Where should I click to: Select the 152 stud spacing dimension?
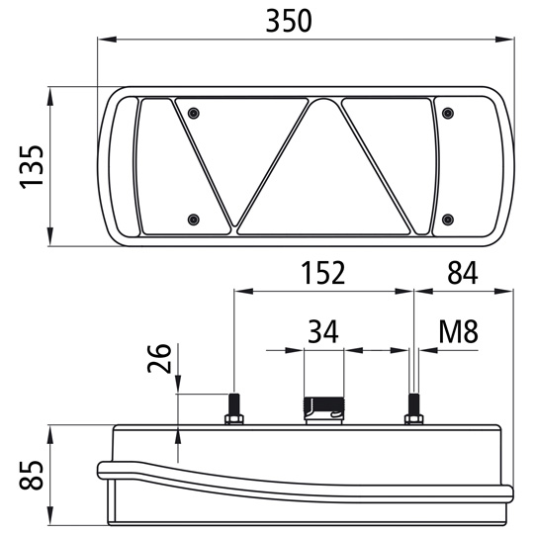pos(324,273)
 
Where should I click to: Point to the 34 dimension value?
pos(322,331)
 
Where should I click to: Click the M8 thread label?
pos(458,331)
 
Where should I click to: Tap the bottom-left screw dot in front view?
pos(194,219)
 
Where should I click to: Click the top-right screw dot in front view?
pos(448,111)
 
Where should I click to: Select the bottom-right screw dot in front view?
pos(448,219)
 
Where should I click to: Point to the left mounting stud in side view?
pos(234,405)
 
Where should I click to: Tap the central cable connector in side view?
pos(322,406)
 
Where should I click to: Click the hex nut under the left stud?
pos(234,421)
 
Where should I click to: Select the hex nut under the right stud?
pos(414,421)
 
